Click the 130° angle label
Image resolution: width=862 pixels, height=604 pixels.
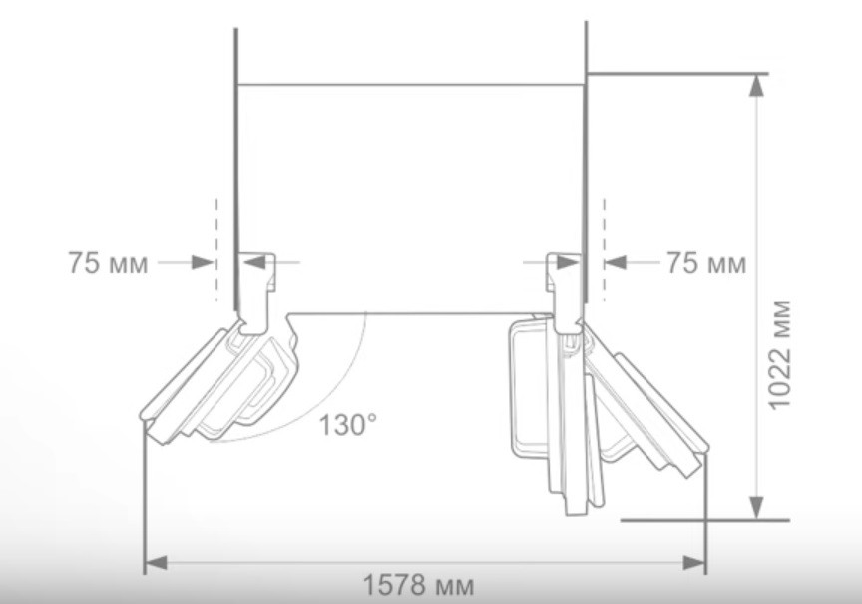(x=348, y=425)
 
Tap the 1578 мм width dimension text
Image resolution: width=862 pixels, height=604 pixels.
(x=418, y=585)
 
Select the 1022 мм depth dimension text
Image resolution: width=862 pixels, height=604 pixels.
(x=779, y=354)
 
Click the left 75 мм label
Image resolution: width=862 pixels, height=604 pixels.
(x=109, y=263)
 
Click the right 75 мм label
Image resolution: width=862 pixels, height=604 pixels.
(x=706, y=263)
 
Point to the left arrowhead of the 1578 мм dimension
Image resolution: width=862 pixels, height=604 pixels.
(x=156, y=563)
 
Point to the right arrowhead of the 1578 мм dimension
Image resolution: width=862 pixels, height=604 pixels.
(x=693, y=563)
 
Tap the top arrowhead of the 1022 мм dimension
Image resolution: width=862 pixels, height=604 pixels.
(x=757, y=85)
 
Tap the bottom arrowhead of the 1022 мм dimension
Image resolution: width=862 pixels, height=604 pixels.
(x=757, y=507)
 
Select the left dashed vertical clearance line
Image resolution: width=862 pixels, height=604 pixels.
(x=216, y=249)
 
